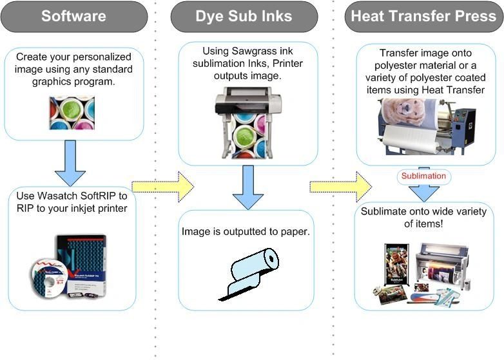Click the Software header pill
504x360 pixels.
(73, 17)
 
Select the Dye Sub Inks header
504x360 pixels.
(244, 17)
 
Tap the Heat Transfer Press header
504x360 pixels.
(423, 17)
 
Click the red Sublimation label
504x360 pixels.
(423, 176)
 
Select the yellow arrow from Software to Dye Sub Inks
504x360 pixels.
(162, 187)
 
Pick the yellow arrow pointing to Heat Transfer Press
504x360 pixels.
(340, 187)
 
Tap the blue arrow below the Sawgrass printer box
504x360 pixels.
(248, 187)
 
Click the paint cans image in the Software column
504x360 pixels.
(72, 113)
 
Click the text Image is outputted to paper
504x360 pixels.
(246, 231)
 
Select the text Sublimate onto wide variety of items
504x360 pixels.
(423, 217)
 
